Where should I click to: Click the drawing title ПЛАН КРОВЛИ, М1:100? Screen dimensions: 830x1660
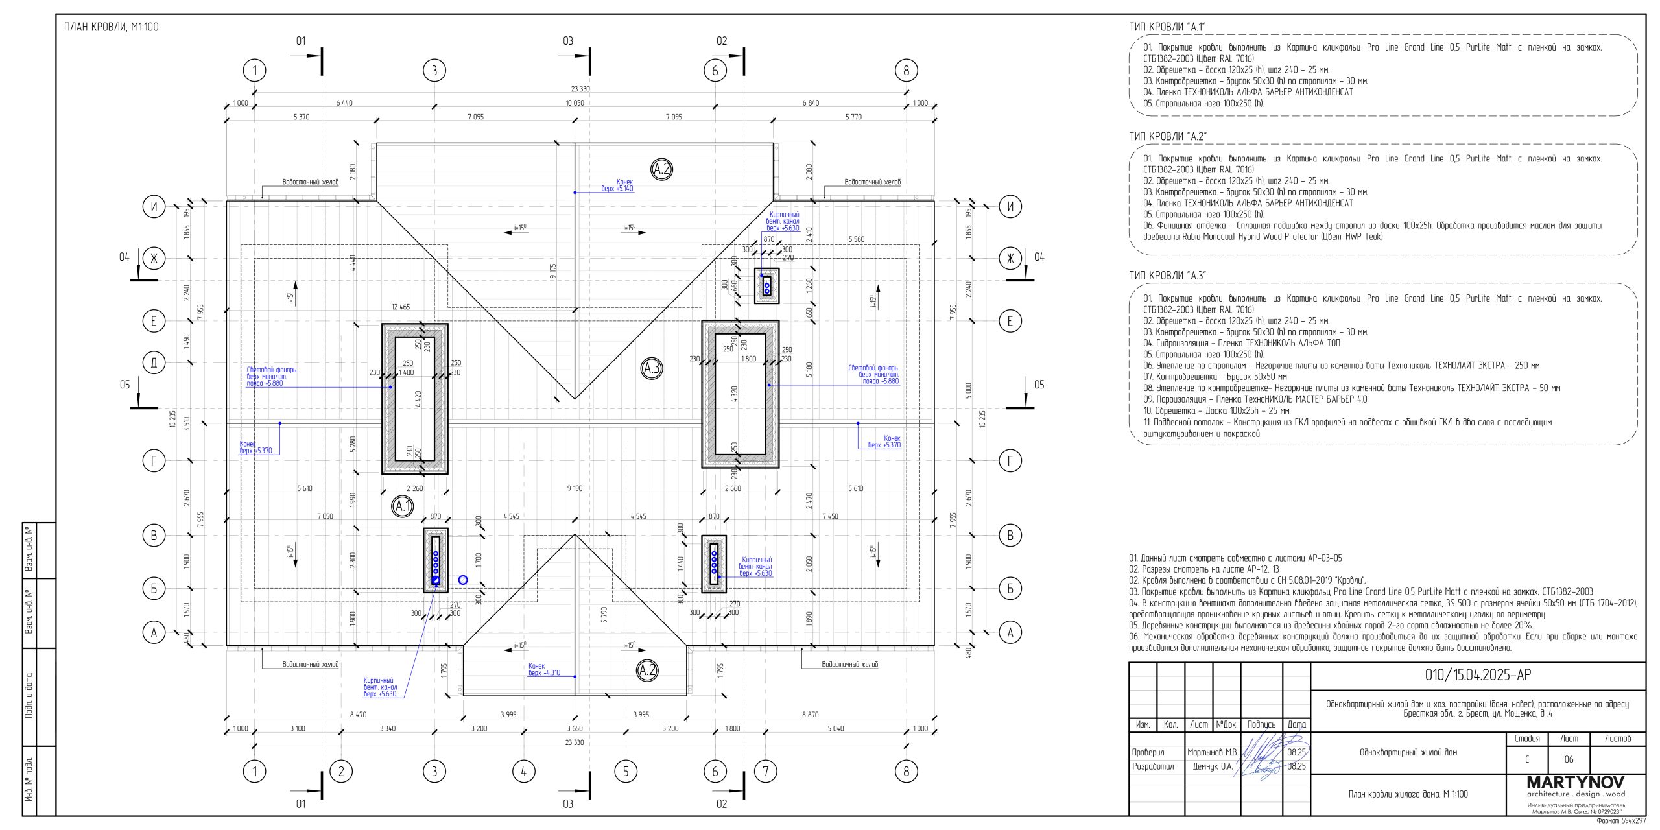point(111,27)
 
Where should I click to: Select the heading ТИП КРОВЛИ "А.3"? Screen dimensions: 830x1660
point(1167,276)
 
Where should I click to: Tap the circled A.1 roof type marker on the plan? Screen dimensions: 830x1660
point(403,506)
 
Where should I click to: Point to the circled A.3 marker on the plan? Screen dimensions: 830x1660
point(651,368)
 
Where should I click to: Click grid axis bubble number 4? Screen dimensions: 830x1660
point(523,771)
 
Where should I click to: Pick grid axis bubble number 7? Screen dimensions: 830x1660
point(766,771)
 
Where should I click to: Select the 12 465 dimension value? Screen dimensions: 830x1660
point(400,307)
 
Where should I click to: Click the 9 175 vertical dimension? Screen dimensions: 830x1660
point(552,272)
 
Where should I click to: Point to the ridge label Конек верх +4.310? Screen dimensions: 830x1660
point(545,669)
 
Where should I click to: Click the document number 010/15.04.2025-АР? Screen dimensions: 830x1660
point(1478,675)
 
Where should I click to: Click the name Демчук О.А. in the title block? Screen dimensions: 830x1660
point(1213,766)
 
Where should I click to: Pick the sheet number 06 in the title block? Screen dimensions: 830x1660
point(1569,759)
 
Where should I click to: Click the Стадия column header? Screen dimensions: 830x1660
point(1527,739)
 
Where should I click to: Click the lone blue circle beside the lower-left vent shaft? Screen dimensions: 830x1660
point(462,580)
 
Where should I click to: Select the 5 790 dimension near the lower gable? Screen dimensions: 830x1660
point(604,615)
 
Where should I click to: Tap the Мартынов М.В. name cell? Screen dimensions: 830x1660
point(1213,752)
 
